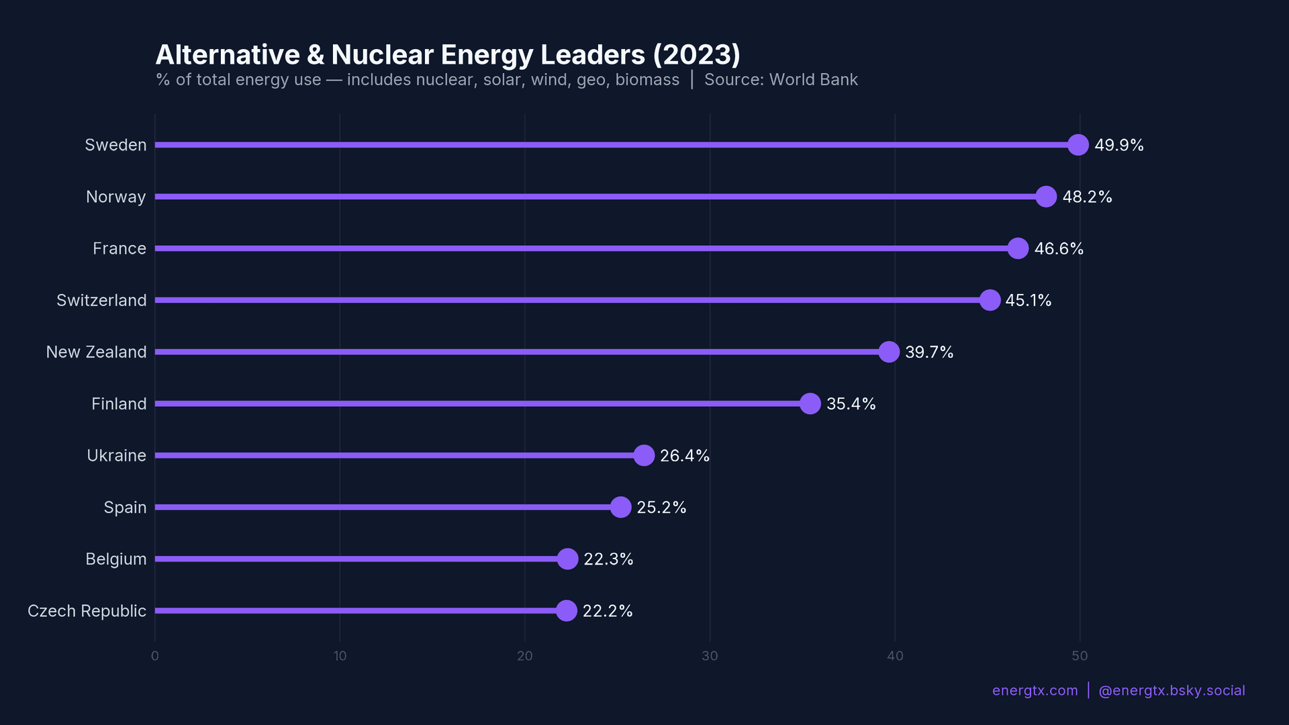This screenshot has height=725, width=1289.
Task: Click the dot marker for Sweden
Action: coord(1078,145)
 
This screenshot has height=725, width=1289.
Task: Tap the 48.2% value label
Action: coord(1087,197)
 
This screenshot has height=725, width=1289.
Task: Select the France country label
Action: coord(120,248)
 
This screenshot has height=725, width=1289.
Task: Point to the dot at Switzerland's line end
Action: coord(990,300)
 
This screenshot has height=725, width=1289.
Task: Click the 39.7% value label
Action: coord(929,352)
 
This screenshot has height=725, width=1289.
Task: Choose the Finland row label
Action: coord(119,403)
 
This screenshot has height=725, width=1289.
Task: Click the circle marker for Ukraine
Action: coord(644,455)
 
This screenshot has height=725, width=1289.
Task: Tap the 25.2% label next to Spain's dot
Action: coord(661,507)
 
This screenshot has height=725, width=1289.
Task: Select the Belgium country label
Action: coord(116,559)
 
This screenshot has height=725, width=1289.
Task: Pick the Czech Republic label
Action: coord(87,611)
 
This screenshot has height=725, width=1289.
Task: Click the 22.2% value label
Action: coord(608,611)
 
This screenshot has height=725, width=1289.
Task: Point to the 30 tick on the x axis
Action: coord(710,656)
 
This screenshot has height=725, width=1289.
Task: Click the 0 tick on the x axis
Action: coord(155,656)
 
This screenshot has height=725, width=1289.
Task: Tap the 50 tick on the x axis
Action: coord(1080,656)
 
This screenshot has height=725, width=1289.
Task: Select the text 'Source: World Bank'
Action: coord(781,80)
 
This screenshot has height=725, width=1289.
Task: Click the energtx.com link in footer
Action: coord(1035,691)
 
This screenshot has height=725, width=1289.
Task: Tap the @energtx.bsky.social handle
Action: coord(1172,691)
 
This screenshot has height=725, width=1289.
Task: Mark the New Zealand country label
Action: coord(96,352)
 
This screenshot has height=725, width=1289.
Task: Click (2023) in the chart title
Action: coord(696,55)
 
